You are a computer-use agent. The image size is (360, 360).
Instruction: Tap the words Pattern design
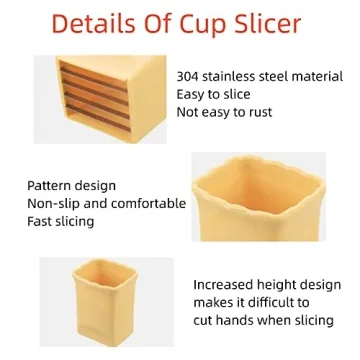point(71,185)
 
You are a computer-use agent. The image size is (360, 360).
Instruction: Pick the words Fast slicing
point(66,221)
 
